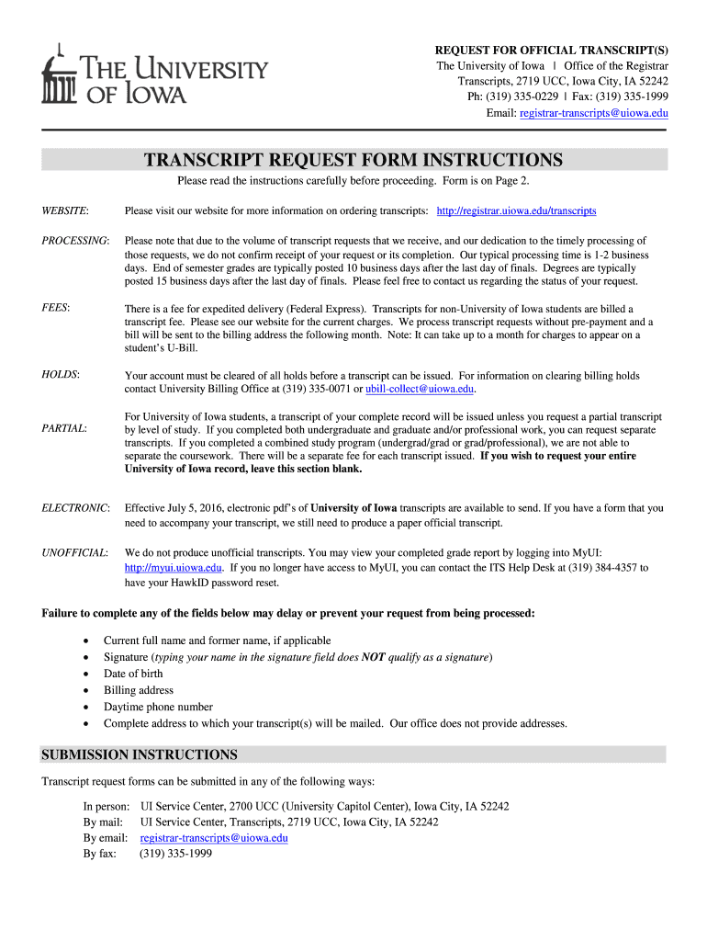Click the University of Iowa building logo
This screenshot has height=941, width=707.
point(57,76)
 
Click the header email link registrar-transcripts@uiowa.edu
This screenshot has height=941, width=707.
point(593,113)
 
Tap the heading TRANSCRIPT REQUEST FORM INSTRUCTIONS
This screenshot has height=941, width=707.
point(353,161)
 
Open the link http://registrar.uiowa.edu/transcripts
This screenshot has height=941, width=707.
point(516,210)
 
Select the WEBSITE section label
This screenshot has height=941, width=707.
point(65,210)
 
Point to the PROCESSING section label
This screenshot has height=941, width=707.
point(75,240)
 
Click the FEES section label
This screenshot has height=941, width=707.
point(56,308)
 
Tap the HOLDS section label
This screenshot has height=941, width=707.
point(61,375)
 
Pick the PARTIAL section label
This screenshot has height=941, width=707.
point(64,428)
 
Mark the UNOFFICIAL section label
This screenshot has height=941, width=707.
point(75,552)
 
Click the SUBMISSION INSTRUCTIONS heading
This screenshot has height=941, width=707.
point(140,754)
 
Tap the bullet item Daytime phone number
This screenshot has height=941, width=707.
point(158,707)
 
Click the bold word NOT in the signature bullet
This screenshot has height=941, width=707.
point(372,657)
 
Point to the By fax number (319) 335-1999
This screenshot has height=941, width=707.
point(175,854)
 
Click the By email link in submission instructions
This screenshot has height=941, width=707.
point(214,838)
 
